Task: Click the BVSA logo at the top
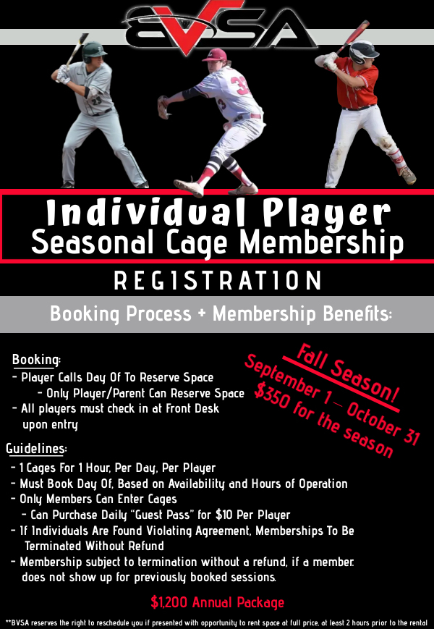[218, 26]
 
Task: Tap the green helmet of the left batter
[94, 51]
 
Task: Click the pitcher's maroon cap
[215, 54]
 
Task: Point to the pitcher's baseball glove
[164, 107]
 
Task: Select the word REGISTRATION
[218, 280]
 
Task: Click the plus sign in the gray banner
[202, 313]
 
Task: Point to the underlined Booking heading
[36, 360]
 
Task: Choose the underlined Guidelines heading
[36, 449]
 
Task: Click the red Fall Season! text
[347, 373]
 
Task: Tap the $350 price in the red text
[272, 397]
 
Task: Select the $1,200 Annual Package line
[218, 602]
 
